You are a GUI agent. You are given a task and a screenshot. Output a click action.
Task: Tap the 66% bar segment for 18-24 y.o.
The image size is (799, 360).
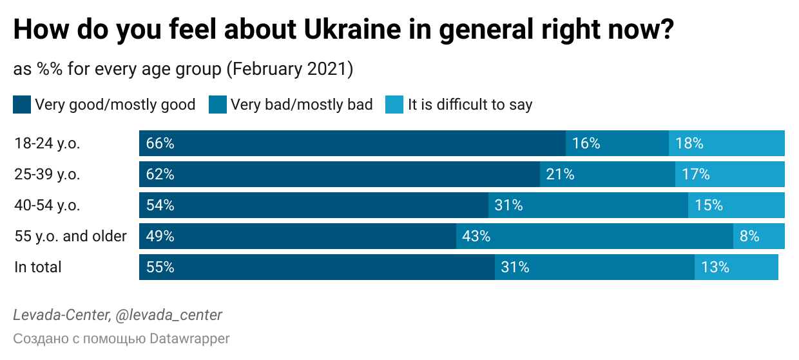click(352, 143)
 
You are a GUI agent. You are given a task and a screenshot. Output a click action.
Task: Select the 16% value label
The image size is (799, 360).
click(586, 143)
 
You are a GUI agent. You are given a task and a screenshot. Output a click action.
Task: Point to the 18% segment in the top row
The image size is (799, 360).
click(726, 143)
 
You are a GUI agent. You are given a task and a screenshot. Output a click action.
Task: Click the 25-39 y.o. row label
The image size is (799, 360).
click(47, 174)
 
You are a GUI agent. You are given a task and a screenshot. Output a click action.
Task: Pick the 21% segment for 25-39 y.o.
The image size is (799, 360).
click(607, 174)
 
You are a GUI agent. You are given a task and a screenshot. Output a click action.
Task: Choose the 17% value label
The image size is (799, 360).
click(695, 174)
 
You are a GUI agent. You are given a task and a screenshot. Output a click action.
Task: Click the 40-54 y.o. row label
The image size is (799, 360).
click(47, 205)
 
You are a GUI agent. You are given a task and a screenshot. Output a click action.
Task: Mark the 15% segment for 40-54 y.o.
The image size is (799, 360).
click(736, 205)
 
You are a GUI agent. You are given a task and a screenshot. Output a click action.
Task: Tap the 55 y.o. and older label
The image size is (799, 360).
click(70, 236)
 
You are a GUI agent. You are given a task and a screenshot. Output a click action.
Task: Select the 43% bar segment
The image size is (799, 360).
click(594, 236)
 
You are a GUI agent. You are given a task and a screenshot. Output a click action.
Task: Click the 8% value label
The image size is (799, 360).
click(749, 236)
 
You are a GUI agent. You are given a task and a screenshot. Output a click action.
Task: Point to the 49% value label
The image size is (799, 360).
click(160, 236)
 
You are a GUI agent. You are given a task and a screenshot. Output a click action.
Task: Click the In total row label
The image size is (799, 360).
click(38, 267)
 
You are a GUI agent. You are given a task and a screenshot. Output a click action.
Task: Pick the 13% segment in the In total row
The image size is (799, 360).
click(736, 267)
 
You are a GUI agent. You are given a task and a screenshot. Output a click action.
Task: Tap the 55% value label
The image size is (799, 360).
click(160, 267)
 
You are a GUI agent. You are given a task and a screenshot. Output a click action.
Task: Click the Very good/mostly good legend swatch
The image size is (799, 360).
click(22, 105)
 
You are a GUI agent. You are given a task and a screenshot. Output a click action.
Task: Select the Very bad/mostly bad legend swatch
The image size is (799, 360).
click(218, 105)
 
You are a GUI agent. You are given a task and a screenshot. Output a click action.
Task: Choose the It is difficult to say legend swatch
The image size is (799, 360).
click(394, 105)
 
